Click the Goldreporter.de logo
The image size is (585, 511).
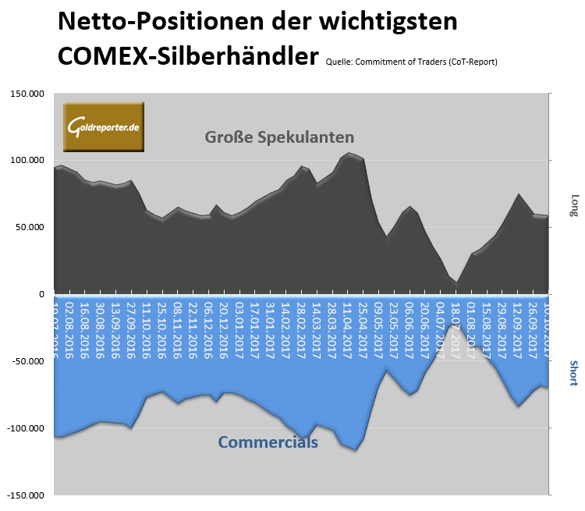105,126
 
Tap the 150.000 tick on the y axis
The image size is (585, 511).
28,94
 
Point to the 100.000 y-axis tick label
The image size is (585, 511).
28,161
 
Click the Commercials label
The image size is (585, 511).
268,442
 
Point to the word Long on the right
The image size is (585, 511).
574,205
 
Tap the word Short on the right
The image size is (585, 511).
574,374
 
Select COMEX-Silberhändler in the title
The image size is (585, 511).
188,56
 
